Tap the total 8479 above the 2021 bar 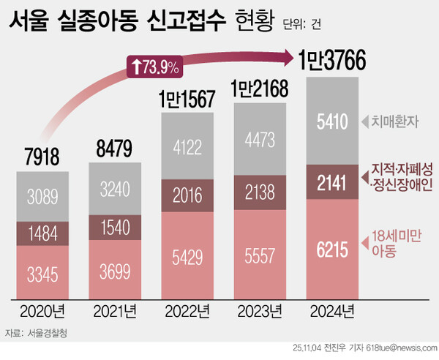(x=115, y=149)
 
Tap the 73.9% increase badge (x=154, y=67)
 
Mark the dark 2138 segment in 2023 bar (x=259, y=194)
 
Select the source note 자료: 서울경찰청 (x=39, y=333)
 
